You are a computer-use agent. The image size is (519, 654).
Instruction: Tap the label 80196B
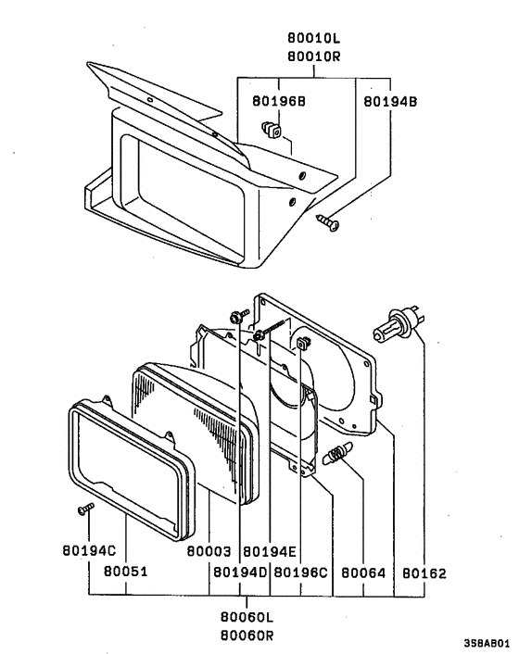point(275,99)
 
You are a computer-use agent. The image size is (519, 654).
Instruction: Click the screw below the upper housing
point(328,220)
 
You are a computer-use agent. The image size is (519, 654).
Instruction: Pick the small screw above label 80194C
point(84,509)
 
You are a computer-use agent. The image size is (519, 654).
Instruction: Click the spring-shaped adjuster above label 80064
point(338,457)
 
